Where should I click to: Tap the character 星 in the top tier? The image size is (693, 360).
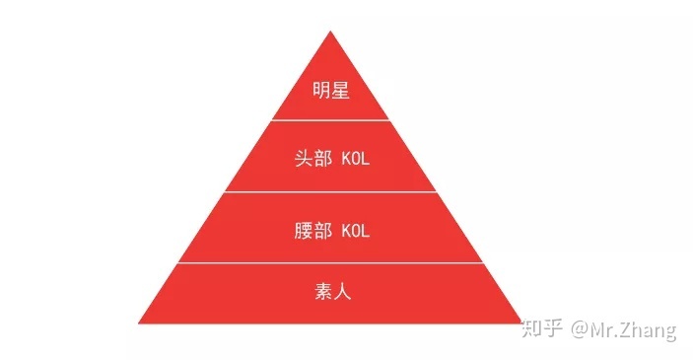340,92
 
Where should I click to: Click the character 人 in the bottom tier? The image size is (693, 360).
341,293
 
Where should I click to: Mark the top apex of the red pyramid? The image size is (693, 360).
330,31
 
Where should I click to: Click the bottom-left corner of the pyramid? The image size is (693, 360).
140,323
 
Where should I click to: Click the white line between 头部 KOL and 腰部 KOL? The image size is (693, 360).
330,192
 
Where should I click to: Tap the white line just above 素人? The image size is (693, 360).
330,263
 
